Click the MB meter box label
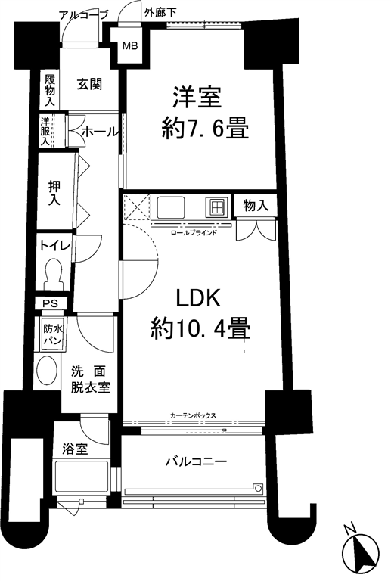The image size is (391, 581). coord(130,46)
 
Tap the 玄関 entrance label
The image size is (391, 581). coord(89,85)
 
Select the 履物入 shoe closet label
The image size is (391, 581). coord(50,91)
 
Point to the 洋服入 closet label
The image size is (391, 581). coord(45,131)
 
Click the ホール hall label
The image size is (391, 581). coord(99,131)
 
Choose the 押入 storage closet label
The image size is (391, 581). coord(54,193)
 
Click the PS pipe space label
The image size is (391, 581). coord(50,304)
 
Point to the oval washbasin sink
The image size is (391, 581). coord(48,371)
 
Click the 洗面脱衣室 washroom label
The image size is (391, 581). coord(90,379)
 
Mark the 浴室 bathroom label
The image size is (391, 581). coord(75,449)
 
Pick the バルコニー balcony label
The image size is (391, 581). coord(196,461)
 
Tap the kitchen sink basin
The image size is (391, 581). coord(171,207)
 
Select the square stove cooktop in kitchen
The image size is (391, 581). coord(215,207)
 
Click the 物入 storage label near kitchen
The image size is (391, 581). coord(256,205)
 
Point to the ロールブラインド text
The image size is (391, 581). coord(193,233)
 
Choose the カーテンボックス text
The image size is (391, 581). coord(193,416)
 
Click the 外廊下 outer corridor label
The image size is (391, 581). coord(160,13)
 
